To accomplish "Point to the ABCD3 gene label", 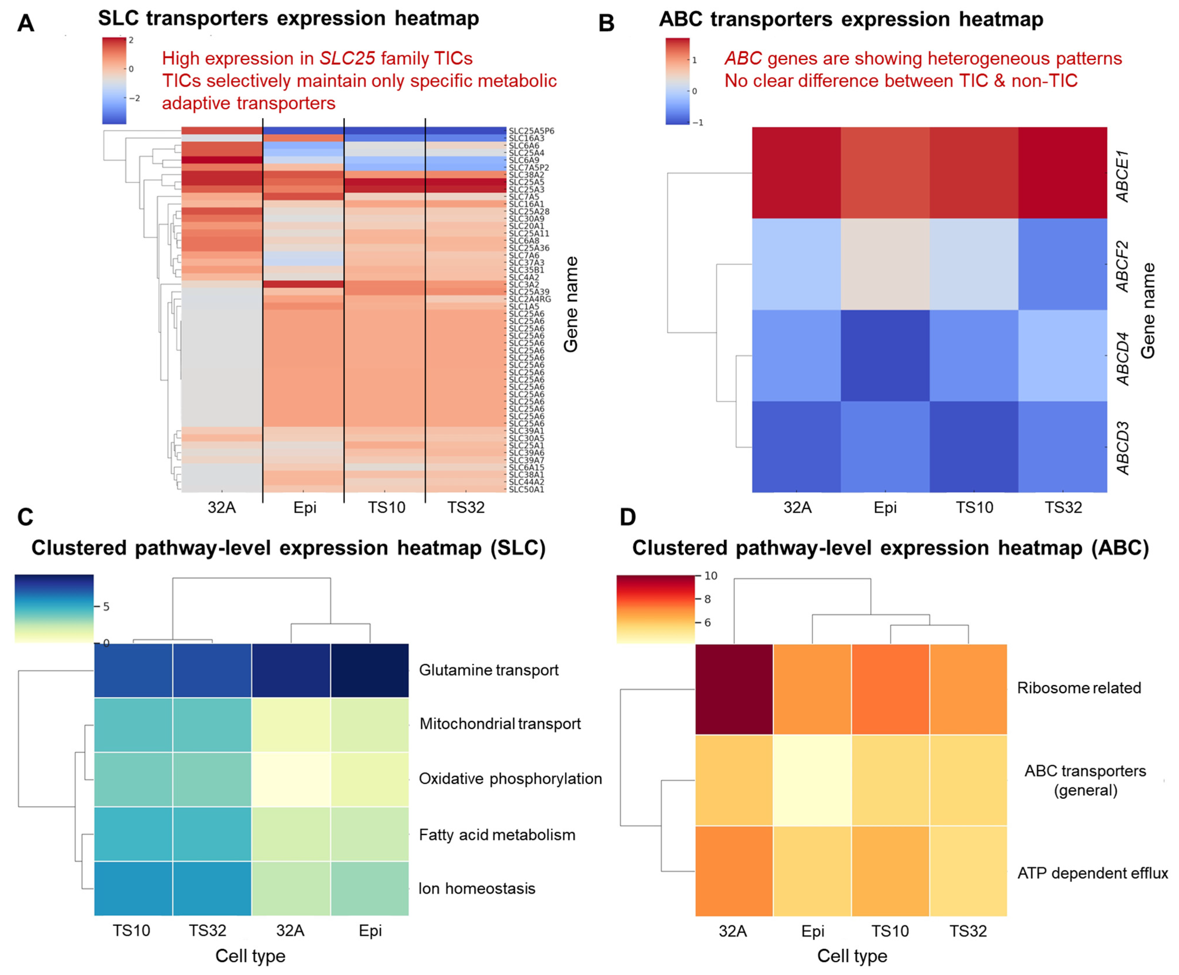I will coord(1122,448).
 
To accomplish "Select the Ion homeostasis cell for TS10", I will coord(133,888).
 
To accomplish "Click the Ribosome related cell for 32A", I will coord(734,689).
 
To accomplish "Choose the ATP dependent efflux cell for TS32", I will coord(968,871).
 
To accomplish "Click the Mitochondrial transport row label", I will coord(500,724).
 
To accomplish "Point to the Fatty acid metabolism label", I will coord(497,835).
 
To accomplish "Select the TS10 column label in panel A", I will coord(386,508).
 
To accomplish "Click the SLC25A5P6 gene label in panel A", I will coord(531,131).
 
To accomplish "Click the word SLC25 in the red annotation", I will coord(347,58).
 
